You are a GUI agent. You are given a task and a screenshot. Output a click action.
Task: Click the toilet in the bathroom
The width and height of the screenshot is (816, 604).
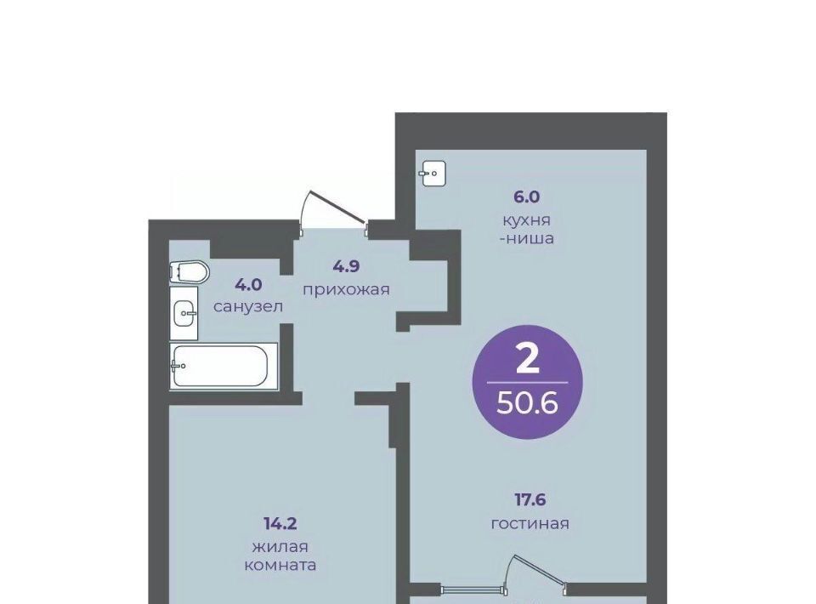tap(189, 272)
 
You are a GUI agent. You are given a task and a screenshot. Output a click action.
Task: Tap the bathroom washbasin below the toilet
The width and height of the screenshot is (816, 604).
tap(184, 313)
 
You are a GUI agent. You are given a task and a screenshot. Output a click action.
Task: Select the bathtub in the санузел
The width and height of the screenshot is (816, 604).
tap(224, 366)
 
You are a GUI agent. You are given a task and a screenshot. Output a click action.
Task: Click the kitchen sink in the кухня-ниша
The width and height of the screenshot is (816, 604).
tap(433, 174)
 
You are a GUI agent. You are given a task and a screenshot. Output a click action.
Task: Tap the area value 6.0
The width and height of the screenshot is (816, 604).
tap(527, 197)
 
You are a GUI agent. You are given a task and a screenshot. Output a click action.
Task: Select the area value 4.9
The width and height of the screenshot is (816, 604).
tap(347, 267)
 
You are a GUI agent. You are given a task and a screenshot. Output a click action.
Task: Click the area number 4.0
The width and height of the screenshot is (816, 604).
tap(248, 285)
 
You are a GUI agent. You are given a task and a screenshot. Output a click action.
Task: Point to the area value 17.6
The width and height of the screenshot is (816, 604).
tap(530, 500)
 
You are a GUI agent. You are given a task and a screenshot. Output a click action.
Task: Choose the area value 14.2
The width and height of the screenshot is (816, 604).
tap(280, 523)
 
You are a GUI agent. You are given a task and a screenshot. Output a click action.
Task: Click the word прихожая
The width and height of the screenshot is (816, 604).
tap(346, 289)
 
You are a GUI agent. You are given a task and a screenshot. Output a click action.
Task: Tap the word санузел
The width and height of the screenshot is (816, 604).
tap(248, 307)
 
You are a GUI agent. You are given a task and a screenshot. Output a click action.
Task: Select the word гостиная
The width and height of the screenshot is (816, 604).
tap(530, 523)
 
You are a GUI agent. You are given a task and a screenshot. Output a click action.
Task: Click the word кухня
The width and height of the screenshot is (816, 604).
tap(526, 220)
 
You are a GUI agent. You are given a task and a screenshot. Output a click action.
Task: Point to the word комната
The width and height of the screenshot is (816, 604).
tap(280, 566)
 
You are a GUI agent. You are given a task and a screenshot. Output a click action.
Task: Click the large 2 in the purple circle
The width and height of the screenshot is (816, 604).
tap(528, 361)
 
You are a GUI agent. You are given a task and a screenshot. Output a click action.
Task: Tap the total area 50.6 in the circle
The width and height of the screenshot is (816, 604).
tap(527, 402)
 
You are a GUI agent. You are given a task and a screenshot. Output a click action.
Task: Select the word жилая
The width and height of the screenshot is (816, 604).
tap(280, 547)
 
